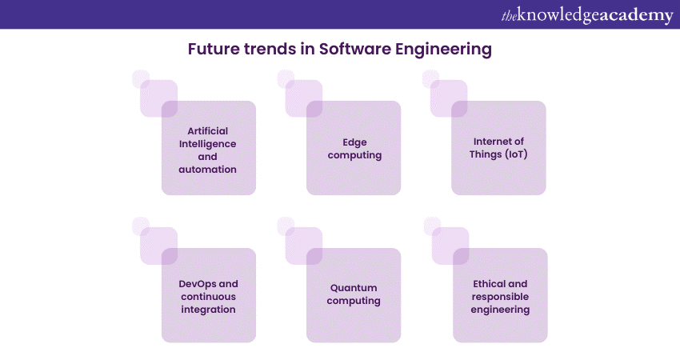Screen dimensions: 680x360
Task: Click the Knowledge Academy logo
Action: [x=587, y=15]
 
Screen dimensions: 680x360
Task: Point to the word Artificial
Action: [x=208, y=131]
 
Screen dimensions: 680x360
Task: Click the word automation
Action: [x=208, y=170]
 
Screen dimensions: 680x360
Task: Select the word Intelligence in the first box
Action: [x=208, y=145]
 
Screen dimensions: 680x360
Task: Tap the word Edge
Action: [x=354, y=142]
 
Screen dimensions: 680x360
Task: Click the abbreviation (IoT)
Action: [x=516, y=154]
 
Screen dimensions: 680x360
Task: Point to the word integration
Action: [x=208, y=310]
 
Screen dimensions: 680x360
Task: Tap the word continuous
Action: [x=208, y=297]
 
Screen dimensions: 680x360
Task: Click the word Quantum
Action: [x=354, y=288]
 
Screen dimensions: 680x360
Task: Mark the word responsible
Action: [x=500, y=297]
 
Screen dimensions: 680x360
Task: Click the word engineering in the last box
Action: [x=500, y=310]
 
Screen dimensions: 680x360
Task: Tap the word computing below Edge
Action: [x=354, y=155]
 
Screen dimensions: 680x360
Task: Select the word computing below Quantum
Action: [x=354, y=301]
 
